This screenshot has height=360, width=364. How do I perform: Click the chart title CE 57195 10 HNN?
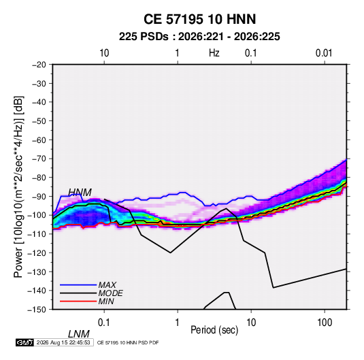(199, 19)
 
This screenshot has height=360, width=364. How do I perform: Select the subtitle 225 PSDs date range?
(199, 37)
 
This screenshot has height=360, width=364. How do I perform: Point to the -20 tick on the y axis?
(39, 65)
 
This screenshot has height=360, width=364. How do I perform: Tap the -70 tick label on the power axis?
(39, 159)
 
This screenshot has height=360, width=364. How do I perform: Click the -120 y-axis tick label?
(37, 252)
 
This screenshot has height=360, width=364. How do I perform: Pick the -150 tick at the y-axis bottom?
(37, 310)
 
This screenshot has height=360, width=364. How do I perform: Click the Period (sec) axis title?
(214, 330)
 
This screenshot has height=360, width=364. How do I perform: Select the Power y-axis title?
(18, 186)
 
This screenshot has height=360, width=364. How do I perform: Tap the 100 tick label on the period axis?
(325, 323)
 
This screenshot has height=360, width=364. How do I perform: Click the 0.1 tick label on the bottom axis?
(104, 323)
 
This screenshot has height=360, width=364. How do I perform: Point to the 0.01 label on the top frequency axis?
(324, 53)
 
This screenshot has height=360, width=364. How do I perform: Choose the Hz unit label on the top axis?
(214, 53)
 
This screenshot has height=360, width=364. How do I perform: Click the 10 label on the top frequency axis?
(104, 53)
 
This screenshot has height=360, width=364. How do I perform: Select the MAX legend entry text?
(107, 284)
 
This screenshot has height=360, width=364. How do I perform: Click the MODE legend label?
(110, 293)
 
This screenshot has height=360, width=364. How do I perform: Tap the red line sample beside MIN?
(78, 301)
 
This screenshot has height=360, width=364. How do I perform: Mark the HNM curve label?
(80, 193)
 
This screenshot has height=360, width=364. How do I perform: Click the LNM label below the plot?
(78, 334)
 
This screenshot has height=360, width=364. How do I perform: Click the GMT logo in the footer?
(24, 342)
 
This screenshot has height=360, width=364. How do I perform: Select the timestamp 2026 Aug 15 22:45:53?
(63, 342)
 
